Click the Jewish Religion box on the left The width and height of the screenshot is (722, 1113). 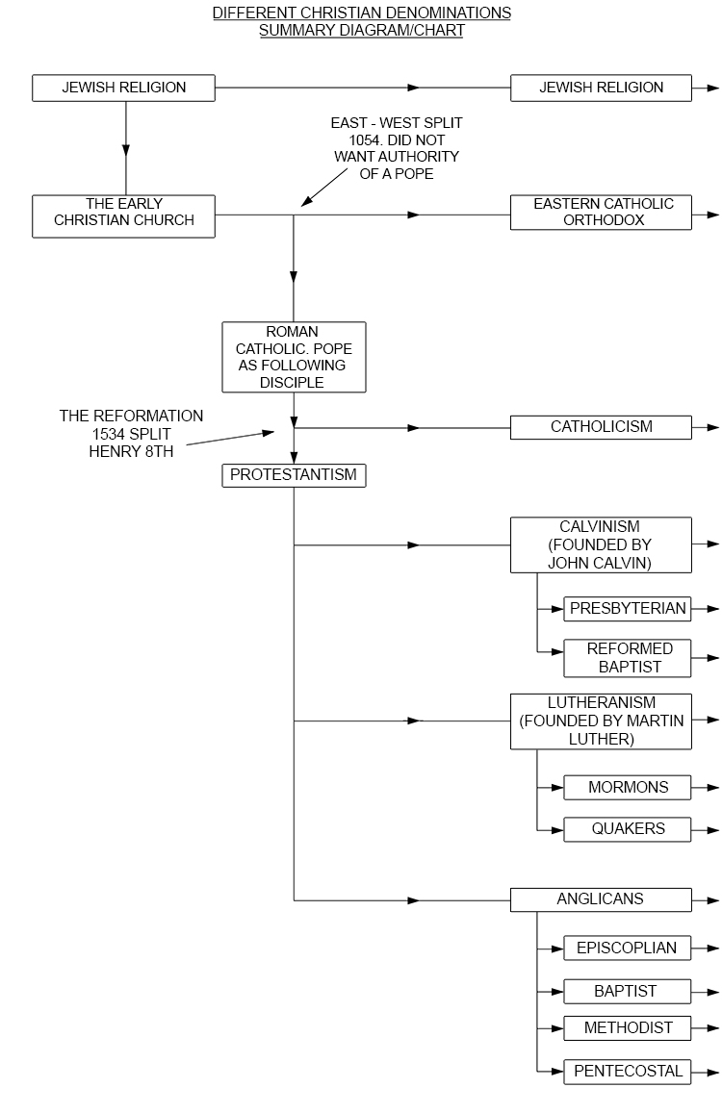click(123, 88)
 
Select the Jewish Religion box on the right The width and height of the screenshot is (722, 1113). click(601, 88)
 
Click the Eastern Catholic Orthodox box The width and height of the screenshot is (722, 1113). click(601, 213)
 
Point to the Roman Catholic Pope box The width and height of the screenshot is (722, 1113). click(294, 357)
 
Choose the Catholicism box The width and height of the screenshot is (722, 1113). click(601, 427)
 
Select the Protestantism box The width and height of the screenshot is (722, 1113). click(294, 475)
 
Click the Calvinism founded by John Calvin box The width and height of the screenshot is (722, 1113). click(601, 544)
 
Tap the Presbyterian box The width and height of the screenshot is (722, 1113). click(628, 609)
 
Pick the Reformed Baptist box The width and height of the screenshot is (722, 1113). click(628, 658)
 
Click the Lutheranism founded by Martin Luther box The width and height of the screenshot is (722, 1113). click(601, 721)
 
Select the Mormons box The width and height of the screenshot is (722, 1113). click(628, 787)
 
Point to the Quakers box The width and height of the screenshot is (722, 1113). click(628, 829)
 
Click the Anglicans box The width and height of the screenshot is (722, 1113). click(601, 899)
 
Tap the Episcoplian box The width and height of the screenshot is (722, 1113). click(628, 948)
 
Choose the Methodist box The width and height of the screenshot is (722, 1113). click(628, 1028)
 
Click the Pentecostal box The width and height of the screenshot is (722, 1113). click(628, 1071)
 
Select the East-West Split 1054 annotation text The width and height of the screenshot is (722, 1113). click(396, 148)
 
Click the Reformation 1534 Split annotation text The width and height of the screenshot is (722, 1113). click(132, 433)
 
